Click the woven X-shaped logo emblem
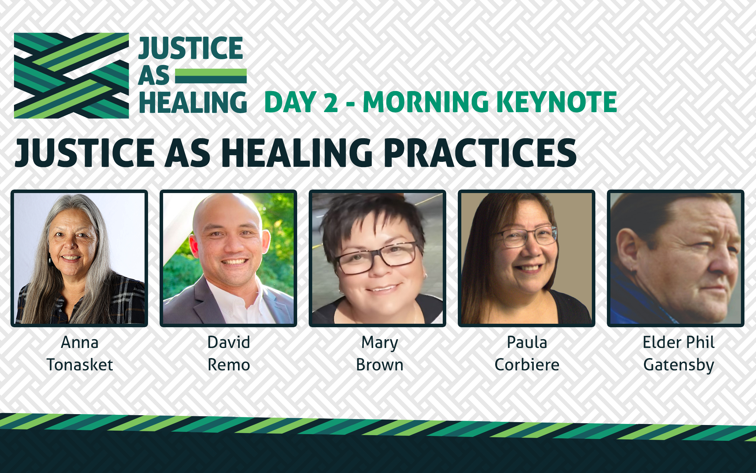[x=71, y=76]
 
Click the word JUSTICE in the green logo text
[x=191, y=48]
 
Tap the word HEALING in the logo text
[x=193, y=102]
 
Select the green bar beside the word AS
[x=211, y=76]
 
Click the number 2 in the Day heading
[x=331, y=102]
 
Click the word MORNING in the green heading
[x=426, y=102]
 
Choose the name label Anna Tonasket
[x=80, y=354]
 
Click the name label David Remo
[x=229, y=354]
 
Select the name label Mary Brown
[x=380, y=354]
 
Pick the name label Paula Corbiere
[x=527, y=354]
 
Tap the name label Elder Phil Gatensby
[x=679, y=354]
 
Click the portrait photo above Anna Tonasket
[x=79, y=259]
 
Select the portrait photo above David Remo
[x=229, y=259]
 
